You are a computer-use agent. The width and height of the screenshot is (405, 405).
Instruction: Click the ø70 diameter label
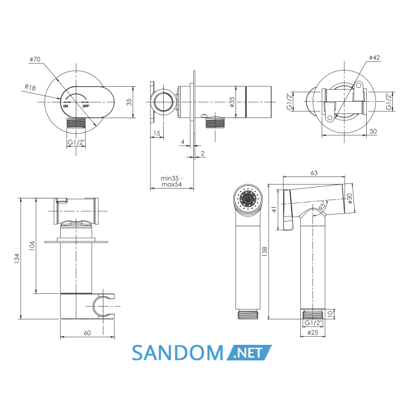(35, 59)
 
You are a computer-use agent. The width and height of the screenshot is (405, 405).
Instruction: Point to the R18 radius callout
(30, 87)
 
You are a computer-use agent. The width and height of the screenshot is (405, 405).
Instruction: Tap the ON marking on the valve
(65, 106)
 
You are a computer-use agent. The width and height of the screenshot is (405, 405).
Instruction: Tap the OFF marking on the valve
(86, 106)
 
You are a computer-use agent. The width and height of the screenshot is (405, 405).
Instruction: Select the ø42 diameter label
(374, 57)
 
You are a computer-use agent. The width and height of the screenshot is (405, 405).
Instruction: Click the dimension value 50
(373, 131)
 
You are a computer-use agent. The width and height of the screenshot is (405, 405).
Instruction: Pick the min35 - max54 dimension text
(171, 181)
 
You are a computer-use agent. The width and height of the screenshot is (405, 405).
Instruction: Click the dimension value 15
(157, 133)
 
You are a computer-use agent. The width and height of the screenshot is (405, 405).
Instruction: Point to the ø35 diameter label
(231, 102)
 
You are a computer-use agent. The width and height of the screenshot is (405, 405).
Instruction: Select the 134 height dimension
(17, 258)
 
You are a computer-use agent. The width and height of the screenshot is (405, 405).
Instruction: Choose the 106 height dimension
(32, 246)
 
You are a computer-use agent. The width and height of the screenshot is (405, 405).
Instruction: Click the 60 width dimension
(87, 333)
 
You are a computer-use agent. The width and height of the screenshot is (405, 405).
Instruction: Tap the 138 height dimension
(264, 252)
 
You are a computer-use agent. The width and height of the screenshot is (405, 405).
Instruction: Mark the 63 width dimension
(314, 173)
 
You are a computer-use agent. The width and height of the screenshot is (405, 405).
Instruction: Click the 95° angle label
(323, 205)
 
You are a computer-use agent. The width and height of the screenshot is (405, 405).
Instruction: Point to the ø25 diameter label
(313, 333)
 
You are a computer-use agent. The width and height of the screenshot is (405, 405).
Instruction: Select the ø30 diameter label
(349, 198)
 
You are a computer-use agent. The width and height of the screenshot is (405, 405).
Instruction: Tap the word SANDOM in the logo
(178, 352)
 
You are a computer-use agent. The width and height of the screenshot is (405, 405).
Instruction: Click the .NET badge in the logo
(249, 352)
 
